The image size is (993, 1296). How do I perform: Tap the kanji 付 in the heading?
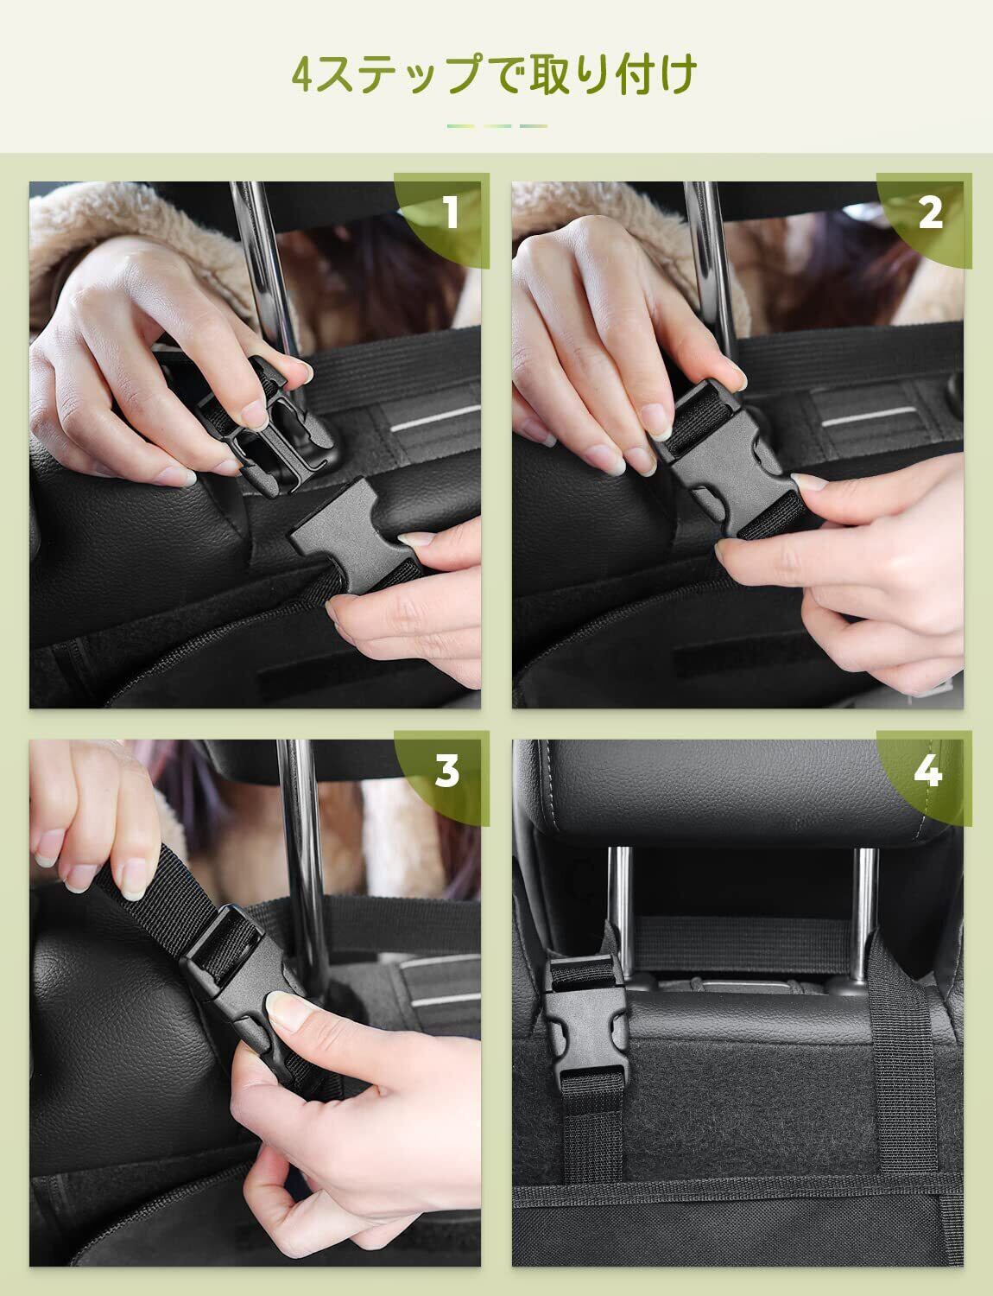click(631, 73)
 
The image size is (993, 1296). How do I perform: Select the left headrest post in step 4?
click(620, 912)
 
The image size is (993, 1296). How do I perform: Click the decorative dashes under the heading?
click(497, 126)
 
